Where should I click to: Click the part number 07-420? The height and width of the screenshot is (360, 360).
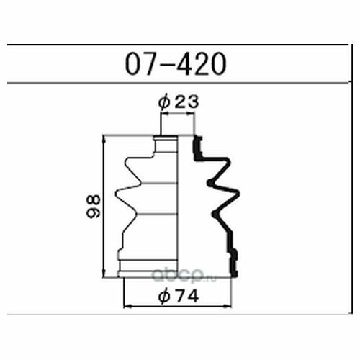coord(176,64)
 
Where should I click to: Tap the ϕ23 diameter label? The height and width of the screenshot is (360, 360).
coord(179,102)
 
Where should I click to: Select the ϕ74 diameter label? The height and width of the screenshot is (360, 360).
coord(179,296)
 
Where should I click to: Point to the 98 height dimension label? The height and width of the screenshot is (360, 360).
coord(94,207)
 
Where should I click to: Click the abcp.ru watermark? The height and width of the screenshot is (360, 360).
coord(184,275)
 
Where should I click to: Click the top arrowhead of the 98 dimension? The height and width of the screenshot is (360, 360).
coord(104,139)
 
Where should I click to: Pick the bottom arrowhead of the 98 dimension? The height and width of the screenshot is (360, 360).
coord(104,274)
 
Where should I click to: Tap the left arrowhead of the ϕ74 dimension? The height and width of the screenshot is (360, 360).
coord(127,306)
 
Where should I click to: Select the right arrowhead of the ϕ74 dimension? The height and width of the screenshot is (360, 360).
coord(228,306)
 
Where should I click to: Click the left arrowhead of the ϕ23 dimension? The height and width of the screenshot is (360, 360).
coord(165,114)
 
